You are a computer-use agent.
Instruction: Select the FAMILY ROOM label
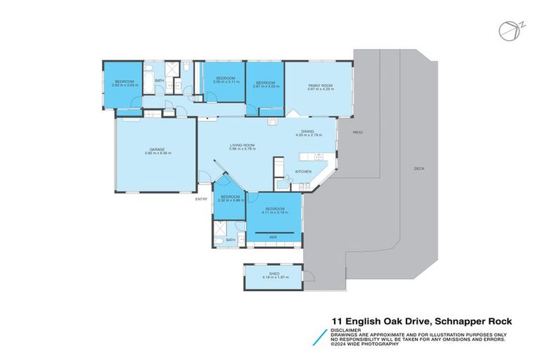319,86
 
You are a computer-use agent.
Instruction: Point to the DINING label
307,131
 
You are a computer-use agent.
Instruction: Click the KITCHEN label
302,172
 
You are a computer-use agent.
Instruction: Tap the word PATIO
357,132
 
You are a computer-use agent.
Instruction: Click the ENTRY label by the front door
202,199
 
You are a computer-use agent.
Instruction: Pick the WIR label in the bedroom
274,237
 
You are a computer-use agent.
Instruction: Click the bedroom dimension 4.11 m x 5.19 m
274,212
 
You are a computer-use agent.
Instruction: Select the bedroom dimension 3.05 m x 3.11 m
224,82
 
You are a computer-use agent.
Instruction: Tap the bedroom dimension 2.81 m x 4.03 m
265,86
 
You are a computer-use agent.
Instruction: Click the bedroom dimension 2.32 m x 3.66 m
230,200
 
